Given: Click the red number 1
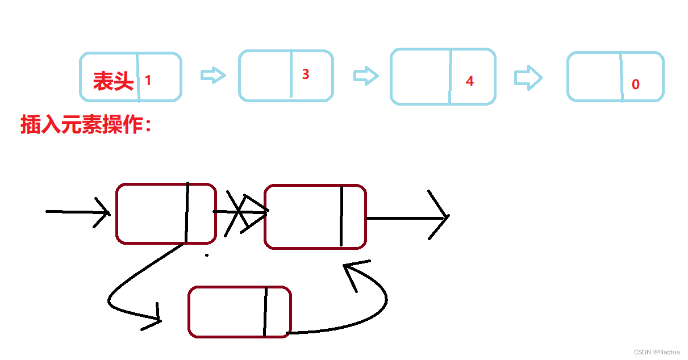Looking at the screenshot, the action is (x=148, y=81).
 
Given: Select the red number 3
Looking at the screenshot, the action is (x=306, y=74).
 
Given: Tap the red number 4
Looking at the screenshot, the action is (x=469, y=81).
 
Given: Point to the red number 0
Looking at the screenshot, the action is (x=635, y=85).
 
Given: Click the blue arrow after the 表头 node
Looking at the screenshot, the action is (x=213, y=76).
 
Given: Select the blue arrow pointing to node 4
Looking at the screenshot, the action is (x=366, y=76).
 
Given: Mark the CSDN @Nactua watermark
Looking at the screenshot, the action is (x=657, y=352).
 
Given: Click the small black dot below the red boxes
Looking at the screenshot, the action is (x=207, y=255).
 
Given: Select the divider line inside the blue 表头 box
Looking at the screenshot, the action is (x=137, y=77).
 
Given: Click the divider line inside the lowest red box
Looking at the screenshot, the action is (x=265, y=312).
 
